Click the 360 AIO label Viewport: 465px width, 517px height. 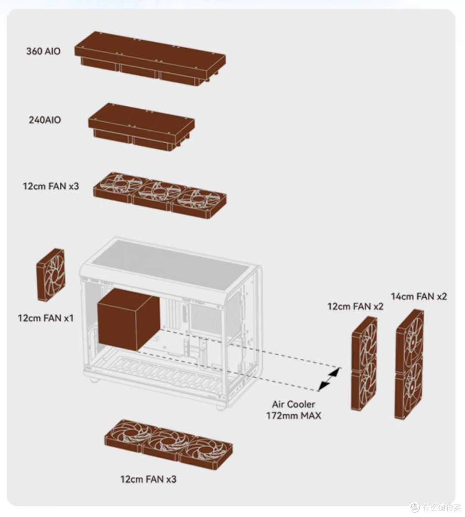click(x=43, y=51)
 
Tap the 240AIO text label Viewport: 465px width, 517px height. click(x=45, y=120)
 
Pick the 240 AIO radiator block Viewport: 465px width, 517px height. click(x=141, y=127)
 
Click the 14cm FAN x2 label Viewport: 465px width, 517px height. click(x=419, y=296)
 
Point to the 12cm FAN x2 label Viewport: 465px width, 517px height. click(x=355, y=307)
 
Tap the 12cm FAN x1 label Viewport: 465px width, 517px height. click(x=46, y=318)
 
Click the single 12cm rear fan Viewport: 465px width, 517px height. click(x=50, y=275)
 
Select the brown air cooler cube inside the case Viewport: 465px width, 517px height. click(x=128, y=319)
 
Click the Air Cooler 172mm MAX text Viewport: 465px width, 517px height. click(x=294, y=410)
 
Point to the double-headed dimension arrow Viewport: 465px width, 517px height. click(x=329, y=379)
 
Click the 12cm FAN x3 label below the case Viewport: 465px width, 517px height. click(x=148, y=479)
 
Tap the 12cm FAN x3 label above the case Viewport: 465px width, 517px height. click(x=51, y=186)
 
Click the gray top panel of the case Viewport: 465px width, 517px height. click(x=169, y=265)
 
